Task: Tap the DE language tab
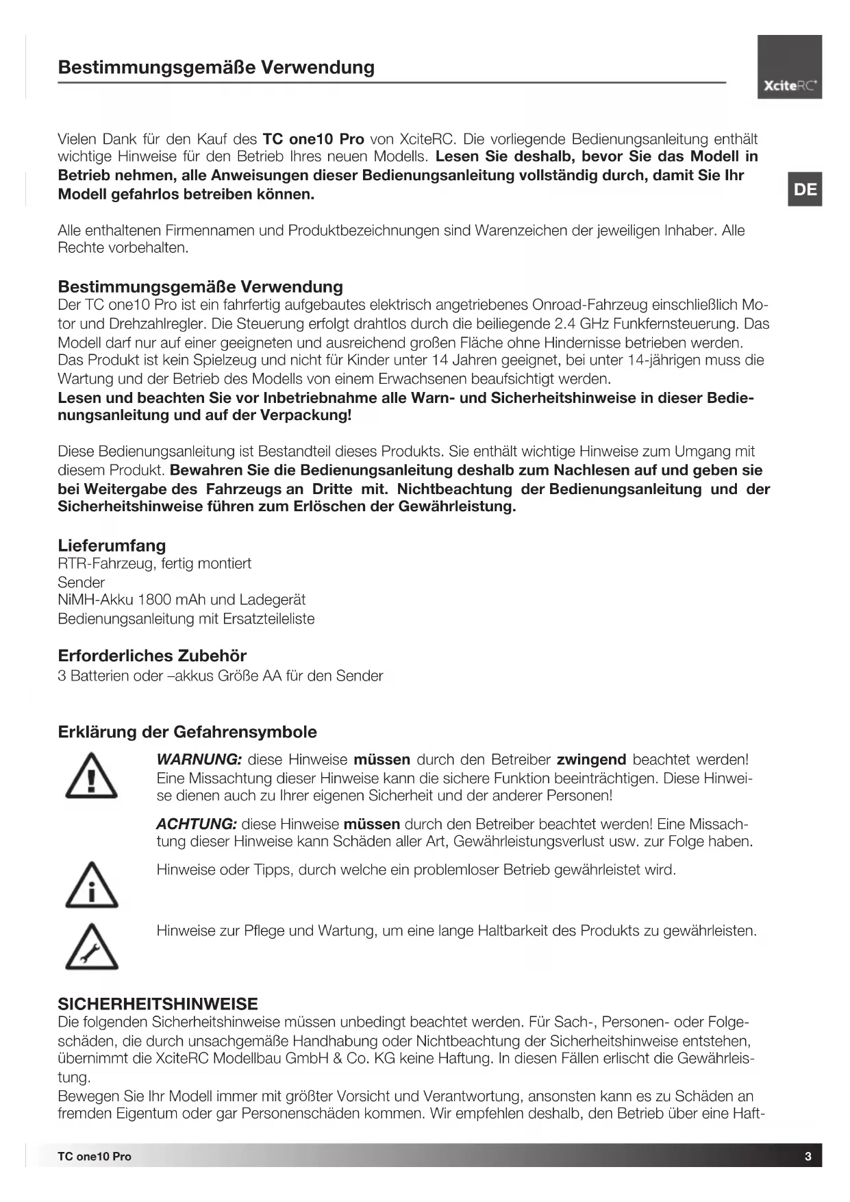coord(805,189)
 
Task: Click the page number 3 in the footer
coord(808,1156)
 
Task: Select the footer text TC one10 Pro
coord(95,1156)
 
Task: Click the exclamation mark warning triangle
coord(91,776)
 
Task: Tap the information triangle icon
coord(91,885)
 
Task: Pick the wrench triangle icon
coord(91,948)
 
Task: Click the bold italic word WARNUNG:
coord(199,759)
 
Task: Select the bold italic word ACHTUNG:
coord(197,824)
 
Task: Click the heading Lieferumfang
coord(112,545)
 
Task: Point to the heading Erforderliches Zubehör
coord(152,655)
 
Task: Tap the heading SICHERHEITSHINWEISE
coord(158,1004)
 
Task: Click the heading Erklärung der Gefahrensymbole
coord(187,732)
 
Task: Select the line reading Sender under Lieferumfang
coord(81,582)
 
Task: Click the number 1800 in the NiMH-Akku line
coord(156,600)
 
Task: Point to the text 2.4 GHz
coord(582,323)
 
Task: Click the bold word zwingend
coord(591,759)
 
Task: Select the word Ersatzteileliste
coord(268,619)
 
